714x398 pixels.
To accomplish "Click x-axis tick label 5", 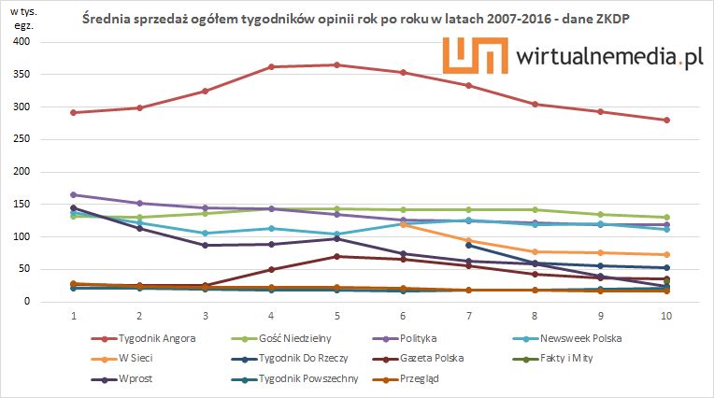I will pos(336,317).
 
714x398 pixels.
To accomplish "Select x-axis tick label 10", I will pos(665,317).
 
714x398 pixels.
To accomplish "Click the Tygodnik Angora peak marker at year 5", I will pos(336,64).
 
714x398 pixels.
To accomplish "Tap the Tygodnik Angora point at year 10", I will pos(666,120).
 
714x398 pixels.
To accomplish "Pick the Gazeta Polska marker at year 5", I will pos(336,256).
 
